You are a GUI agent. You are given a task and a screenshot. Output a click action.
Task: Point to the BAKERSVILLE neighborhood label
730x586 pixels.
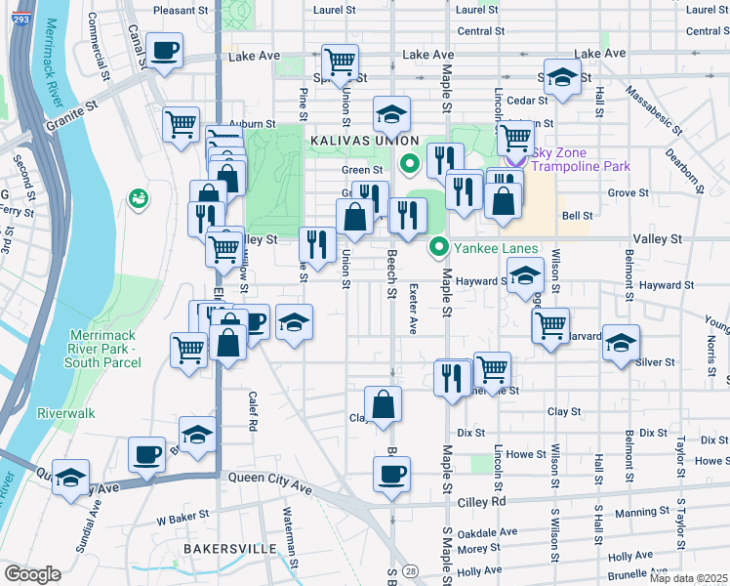[229, 549]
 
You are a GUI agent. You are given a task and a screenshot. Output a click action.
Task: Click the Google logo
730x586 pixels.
[32, 574]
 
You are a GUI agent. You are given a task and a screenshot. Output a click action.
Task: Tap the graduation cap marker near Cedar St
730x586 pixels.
[562, 77]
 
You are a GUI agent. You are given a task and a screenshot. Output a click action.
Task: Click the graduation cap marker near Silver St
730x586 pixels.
[621, 344]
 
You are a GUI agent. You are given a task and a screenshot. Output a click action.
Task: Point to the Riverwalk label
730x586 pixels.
[66, 413]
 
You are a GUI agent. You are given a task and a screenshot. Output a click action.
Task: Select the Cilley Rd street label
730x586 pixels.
[484, 501]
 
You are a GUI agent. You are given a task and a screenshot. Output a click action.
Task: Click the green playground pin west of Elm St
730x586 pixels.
[137, 199]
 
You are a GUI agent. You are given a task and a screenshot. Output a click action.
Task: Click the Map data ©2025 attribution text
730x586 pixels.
[688, 578]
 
